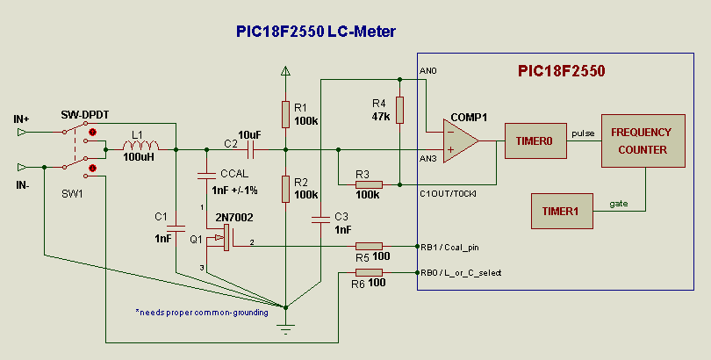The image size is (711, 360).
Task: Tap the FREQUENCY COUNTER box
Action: [640, 140]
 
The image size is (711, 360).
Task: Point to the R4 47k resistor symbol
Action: [400, 110]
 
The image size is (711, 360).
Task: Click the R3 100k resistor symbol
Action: [368, 185]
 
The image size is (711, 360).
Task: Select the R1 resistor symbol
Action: [285, 113]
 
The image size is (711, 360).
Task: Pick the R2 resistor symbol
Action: [285, 188]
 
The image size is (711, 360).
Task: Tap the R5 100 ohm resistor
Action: [369, 247]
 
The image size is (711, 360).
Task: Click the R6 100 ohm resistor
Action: [369, 273]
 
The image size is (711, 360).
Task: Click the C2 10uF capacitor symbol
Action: [249, 150]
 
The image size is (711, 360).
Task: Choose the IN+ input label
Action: [22, 119]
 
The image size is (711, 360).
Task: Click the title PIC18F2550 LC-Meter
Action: [316, 32]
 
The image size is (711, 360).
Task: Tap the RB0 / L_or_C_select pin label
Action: [461, 273]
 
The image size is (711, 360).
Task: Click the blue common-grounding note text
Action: [202, 312]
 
